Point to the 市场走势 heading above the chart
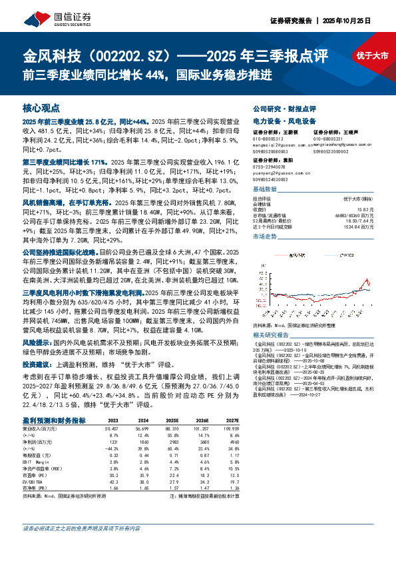click(x=265, y=237)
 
